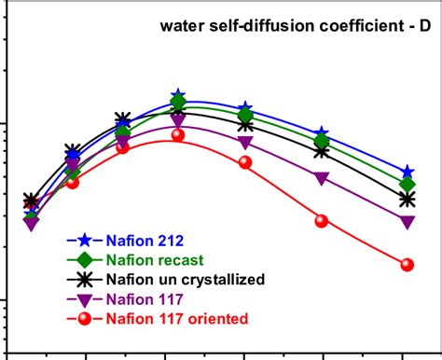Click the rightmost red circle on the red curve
(x=407, y=265)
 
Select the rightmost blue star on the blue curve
(x=407, y=173)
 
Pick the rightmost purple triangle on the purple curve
(x=407, y=222)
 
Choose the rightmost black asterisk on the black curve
(x=407, y=200)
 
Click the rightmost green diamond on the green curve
(x=407, y=185)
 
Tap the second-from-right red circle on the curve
(x=322, y=221)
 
